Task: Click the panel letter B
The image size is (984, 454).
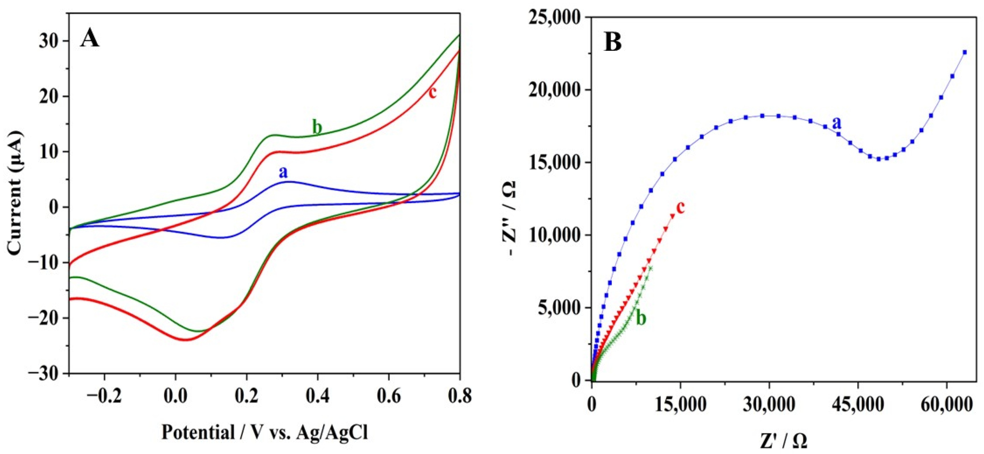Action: tap(612, 43)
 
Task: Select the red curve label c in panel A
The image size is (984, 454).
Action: tap(432, 92)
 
